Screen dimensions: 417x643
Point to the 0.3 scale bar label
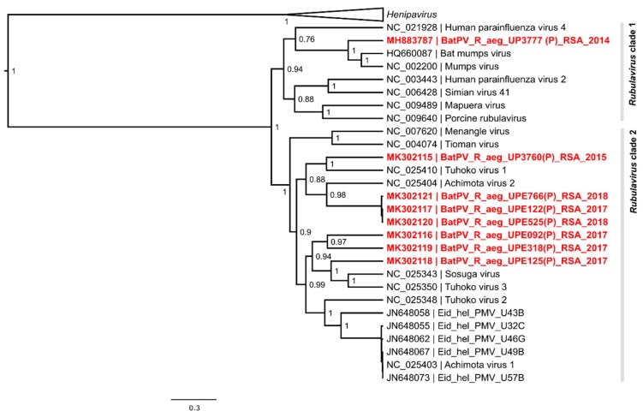[193, 408]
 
